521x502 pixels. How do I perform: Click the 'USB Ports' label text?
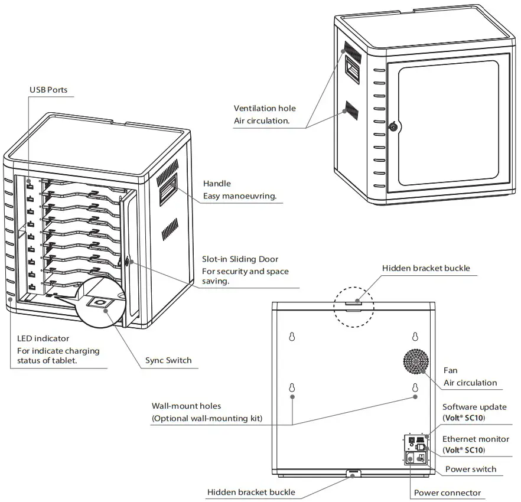48,90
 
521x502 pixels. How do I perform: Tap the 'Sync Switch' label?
168,360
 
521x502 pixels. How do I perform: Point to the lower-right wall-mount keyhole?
415,389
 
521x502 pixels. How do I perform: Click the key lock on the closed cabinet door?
393,126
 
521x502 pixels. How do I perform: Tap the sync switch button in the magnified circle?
102,304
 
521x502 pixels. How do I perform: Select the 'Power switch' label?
471,469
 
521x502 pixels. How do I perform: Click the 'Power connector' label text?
447,493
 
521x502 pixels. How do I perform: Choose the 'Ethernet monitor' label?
476,439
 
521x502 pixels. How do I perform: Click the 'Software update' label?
474,407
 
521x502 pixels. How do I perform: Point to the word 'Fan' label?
450,370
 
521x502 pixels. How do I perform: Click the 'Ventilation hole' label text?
265,108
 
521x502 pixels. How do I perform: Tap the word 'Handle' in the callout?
217,184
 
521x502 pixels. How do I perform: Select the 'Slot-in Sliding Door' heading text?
240,259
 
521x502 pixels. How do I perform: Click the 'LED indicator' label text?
43,338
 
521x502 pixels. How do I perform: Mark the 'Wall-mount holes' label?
186,406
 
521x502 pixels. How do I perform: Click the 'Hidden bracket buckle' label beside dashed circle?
426,268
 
